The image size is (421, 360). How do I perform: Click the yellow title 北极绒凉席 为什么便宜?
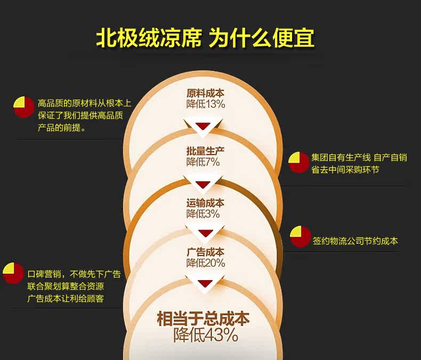(x=205, y=38)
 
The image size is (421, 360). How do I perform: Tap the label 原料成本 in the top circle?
(x=205, y=93)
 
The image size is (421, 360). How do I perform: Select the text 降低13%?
(x=205, y=104)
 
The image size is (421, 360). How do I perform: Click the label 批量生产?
(x=205, y=150)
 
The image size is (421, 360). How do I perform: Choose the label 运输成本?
(x=205, y=203)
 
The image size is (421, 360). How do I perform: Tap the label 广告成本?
(x=205, y=252)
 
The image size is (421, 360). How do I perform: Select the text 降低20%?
(x=205, y=263)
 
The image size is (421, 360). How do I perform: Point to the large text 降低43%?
(x=205, y=335)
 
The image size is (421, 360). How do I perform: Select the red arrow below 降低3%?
(x=203, y=233)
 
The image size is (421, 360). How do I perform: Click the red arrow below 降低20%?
(x=203, y=283)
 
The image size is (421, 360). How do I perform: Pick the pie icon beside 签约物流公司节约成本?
(x=301, y=236)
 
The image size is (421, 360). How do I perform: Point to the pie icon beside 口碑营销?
(x=13, y=273)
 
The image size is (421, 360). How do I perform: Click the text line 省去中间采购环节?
(x=345, y=170)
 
